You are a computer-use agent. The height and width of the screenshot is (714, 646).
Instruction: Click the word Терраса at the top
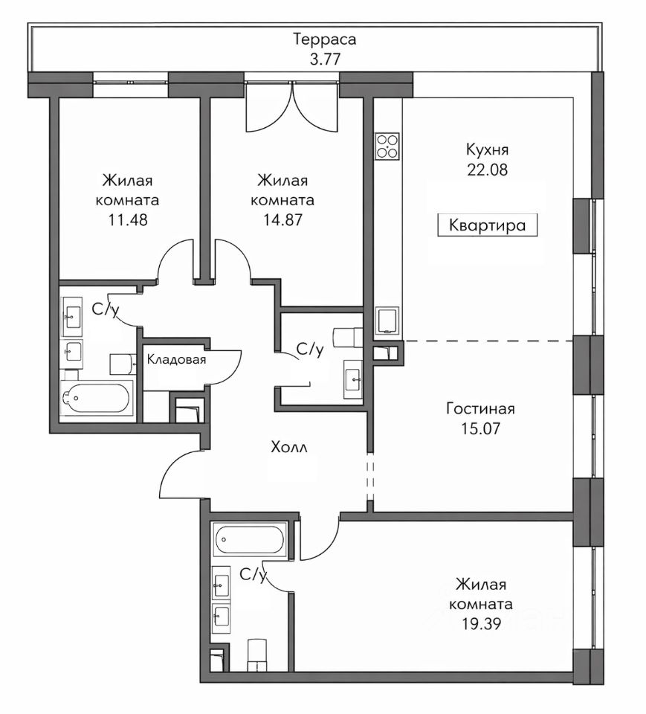point(324,39)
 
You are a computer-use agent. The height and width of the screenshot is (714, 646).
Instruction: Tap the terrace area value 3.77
point(325,59)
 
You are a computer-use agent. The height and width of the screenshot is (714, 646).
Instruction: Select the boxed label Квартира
point(487,225)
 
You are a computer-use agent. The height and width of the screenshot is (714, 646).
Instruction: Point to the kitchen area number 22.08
point(487,170)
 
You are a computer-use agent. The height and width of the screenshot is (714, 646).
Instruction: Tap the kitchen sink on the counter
point(387,321)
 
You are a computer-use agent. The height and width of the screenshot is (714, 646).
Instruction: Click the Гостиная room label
point(480,408)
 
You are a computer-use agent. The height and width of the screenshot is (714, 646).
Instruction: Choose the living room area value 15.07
point(480,428)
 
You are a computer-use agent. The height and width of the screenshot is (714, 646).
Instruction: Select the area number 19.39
point(481,623)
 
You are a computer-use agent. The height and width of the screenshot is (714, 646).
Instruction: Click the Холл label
point(289,447)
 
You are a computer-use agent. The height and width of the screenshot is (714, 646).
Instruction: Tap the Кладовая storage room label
point(177,360)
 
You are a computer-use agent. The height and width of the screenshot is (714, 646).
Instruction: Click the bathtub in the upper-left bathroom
point(97,398)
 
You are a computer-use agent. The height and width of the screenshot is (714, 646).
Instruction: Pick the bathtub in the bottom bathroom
point(250,540)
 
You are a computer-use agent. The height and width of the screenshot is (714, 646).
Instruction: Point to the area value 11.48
point(128,220)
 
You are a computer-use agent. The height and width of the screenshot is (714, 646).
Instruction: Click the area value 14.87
point(282,220)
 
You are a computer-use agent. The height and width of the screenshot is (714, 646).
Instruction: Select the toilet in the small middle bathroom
point(348,336)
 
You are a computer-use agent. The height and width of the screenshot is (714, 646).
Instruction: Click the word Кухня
point(487,149)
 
